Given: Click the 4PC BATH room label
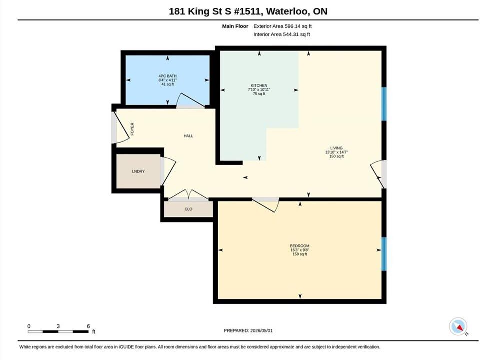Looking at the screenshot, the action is pos(168,76).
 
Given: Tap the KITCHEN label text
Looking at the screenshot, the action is pos(259,86).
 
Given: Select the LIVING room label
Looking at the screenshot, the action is pos(336,148).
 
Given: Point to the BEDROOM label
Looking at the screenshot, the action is pos(300,246).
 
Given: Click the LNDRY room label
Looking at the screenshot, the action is pos(138,171).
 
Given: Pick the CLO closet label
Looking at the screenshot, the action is pos(188,209).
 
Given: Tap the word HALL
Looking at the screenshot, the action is pos(188,136).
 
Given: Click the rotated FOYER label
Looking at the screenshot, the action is pos(132,129).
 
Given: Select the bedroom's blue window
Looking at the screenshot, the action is pos(384,254).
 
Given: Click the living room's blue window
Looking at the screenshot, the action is pos(384,104).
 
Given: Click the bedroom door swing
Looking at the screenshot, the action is pos(266,205).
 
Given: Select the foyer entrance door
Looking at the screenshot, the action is pos(120,128).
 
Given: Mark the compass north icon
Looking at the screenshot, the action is pos(458,327).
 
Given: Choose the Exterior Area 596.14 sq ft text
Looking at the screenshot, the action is pos(283,26).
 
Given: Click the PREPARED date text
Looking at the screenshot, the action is pos(248,331).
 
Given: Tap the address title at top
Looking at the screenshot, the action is pos(248,11).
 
